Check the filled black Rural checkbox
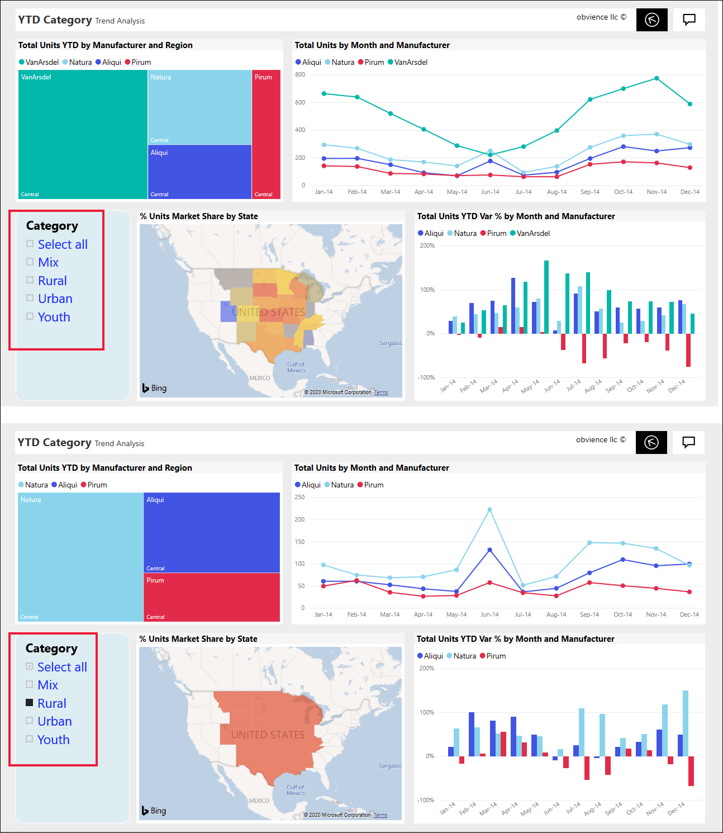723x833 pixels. tap(30, 703)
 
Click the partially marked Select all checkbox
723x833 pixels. tap(30, 666)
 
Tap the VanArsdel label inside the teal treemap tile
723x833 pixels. tap(36, 77)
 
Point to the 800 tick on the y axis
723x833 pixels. tap(300, 74)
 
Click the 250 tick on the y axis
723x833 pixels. tap(299, 497)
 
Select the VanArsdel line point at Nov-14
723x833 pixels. tap(657, 78)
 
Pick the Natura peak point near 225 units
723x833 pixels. tap(489, 510)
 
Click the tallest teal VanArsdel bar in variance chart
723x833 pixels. tap(546, 296)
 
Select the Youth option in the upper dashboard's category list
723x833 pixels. tap(54, 317)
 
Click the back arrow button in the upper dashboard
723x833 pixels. tap(651, 20)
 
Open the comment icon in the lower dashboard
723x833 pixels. tap(689, 442)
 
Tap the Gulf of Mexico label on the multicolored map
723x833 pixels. tap(296, 367)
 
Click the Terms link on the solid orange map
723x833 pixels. tap(380, 815)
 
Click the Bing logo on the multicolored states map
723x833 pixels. tap(154, 388)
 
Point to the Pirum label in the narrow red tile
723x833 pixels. tap(263, 77)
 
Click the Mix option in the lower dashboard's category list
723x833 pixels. tap(48, 685)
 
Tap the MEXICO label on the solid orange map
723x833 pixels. tap(259, 801)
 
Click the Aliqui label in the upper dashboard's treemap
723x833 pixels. tap(159, 153)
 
